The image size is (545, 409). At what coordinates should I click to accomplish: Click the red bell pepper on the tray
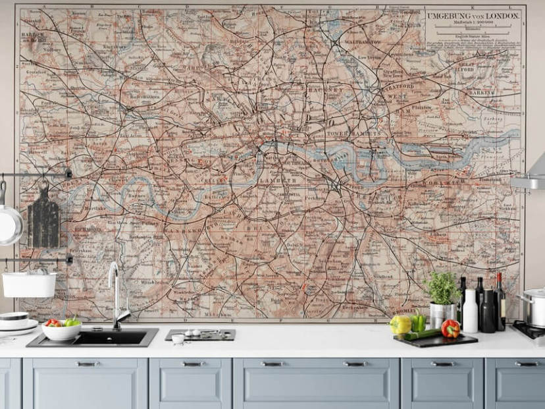451,328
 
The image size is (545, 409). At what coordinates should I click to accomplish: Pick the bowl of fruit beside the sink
62,329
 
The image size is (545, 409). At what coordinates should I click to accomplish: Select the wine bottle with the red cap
500,303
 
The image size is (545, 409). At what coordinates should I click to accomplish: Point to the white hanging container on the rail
30,284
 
